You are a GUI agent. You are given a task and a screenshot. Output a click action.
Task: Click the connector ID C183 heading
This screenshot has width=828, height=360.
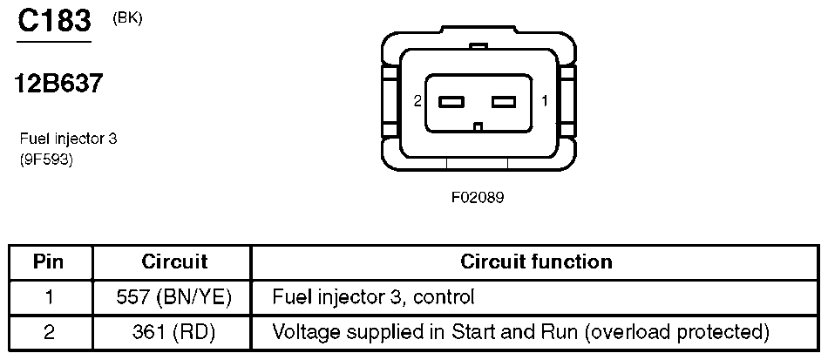tap(54, 22)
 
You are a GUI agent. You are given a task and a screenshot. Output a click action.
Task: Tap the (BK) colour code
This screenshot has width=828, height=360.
tap(127, 18)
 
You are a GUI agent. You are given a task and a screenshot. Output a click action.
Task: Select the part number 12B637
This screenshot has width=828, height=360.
tap(58, 84)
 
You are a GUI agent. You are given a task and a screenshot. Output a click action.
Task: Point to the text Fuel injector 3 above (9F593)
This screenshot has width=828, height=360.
tap(68, 139)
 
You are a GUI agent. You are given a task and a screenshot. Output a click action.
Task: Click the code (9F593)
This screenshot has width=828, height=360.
tap(46, 159)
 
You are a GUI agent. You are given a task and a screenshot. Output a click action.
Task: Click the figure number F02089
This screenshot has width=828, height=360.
tap(478, 198)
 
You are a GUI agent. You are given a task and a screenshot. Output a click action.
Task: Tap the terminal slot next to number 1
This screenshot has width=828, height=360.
tap(503, 101)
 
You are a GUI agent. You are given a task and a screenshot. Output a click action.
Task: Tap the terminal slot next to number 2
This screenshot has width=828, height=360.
tap(451, 101)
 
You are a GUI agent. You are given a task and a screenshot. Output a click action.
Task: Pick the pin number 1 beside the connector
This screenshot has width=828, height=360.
tap(545, 101)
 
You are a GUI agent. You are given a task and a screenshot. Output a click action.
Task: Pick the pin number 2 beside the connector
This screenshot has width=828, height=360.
tap(417, 101)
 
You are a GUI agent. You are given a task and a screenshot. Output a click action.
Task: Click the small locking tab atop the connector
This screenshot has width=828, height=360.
tap(478, 47)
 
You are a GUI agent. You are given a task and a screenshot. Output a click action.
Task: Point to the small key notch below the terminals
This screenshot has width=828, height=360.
tap(478, 126)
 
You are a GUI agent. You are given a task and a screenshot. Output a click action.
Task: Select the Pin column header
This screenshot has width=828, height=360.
tap(48, 262)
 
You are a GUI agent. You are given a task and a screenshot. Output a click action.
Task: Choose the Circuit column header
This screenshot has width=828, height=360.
tap(174, 262)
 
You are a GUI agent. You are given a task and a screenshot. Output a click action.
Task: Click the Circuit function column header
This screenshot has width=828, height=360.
tap(537, 262)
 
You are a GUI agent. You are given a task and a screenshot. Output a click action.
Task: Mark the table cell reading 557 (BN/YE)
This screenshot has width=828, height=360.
tap(174, 298)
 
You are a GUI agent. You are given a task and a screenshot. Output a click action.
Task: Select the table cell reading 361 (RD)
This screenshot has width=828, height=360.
tap(174, 333)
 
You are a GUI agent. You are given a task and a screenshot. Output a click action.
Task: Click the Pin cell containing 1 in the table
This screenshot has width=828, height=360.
tap(49, 298)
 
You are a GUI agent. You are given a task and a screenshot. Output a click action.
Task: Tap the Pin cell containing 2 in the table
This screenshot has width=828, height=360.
tap(49, 333)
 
